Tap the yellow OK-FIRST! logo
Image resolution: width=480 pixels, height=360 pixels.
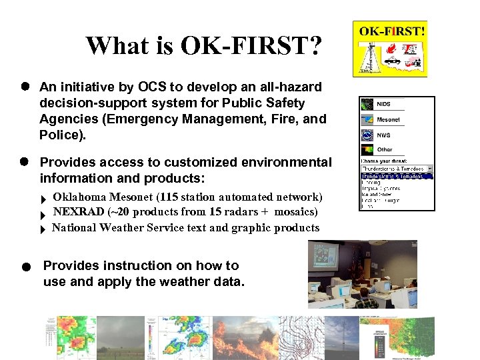390,48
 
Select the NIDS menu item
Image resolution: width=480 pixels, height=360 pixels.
384,105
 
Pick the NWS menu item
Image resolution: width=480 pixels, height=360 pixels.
384,135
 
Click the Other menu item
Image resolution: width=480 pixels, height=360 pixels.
385,150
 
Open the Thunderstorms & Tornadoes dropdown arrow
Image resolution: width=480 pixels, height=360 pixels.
430,169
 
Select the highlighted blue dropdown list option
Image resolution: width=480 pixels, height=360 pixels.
396,176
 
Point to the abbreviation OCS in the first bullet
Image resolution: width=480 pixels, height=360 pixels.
151,87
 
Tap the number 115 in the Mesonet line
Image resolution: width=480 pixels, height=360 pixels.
207,197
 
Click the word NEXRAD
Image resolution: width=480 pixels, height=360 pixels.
79,212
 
